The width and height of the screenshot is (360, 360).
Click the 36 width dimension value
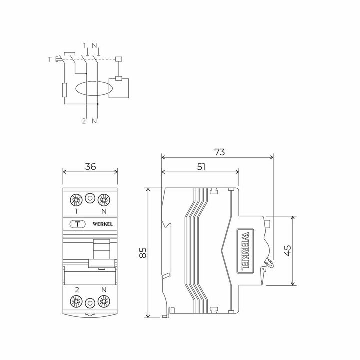[x=90, y=167]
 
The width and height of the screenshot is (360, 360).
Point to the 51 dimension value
[x=201, y=167]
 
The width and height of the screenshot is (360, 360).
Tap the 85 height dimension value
[x=143, y=253]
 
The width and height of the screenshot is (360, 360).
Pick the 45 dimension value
[x=286, y=250]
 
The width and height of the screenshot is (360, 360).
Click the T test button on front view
[x=77, y=224]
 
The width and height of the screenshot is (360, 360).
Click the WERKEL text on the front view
[x=102, y=224]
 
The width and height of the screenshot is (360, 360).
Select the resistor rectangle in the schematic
[x=64, y=90]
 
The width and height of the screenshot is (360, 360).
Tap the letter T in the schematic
[x=49, y=60]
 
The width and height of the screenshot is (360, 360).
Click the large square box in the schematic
[x=119, y=89]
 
